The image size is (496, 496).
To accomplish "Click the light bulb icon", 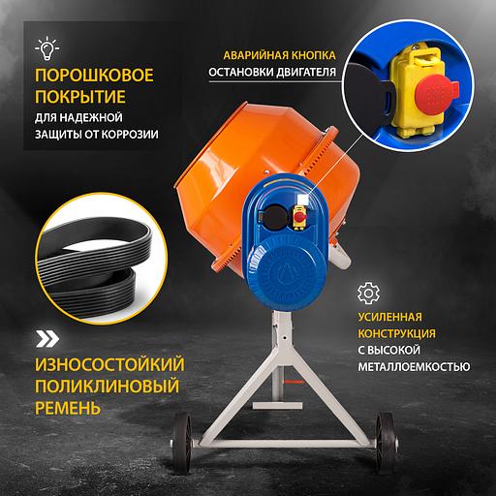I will click(x=45, y=46).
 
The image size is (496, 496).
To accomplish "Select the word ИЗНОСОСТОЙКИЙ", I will click(x=108, y=363).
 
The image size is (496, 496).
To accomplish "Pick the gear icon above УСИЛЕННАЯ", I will click(x=367, y=294).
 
